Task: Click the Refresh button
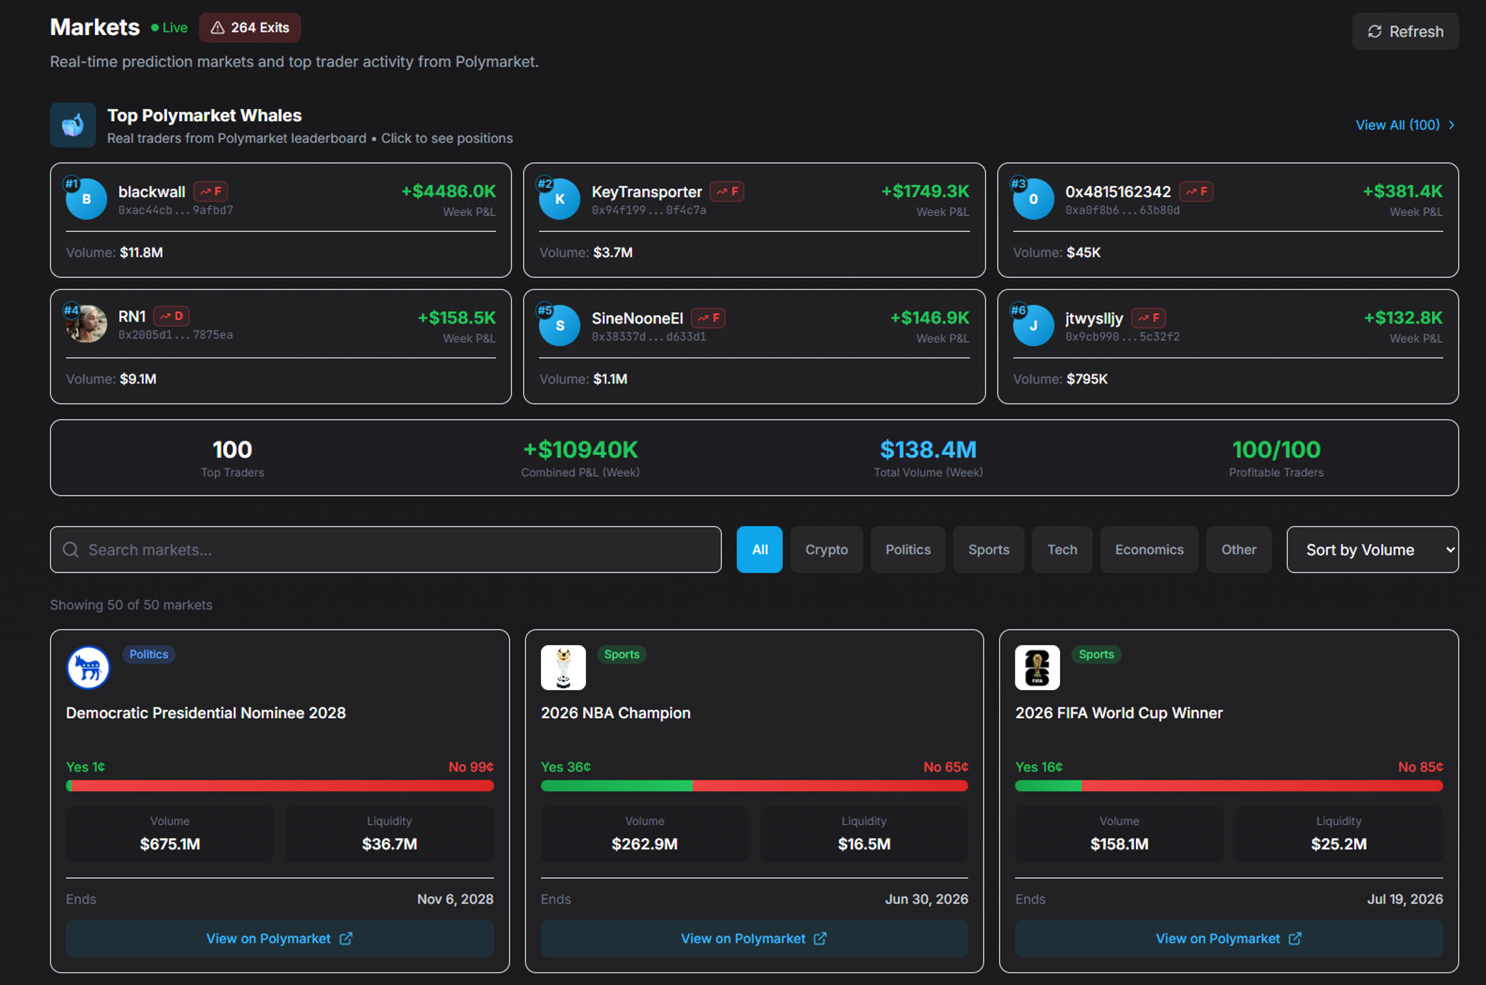coord(1405,31)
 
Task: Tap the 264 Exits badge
coord(250,27)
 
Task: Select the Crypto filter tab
coord(826,549)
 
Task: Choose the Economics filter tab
coord(1149,549)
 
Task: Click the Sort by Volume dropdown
coord(1372,549)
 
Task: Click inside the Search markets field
coord(386,549)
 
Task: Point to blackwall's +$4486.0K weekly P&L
coord(449,191)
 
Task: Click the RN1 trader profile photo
coord(86,324)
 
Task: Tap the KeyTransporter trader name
coord(646,192)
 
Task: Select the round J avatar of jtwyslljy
coord(1033,326)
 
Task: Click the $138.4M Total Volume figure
coord(928,449)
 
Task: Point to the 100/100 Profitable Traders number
coord(1276,449)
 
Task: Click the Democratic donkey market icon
coord(88,668)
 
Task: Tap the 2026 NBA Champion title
coord(615,713)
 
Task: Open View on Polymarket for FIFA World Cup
coord(1229,938)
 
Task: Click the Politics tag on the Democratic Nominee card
coord(148,654)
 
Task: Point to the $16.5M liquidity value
coord(864,844)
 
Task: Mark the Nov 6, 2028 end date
coord(455,899)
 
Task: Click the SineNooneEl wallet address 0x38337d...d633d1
coord(649,337)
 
